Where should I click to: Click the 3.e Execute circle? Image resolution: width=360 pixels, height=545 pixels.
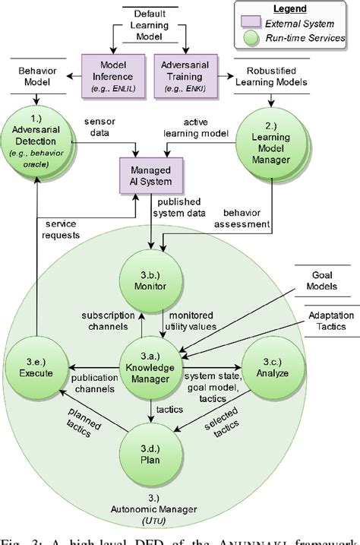pos(32,369)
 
